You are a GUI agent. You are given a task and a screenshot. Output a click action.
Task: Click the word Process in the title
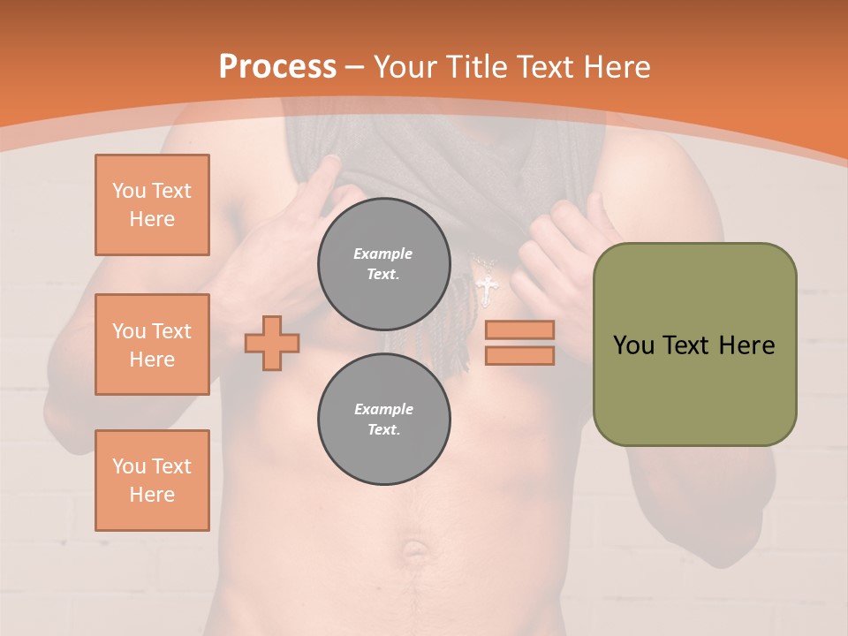(x=277, y=67)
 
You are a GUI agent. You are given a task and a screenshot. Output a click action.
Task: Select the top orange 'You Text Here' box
(x=152, y=205)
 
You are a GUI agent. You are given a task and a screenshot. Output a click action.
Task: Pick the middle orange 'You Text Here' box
(x=152, y=344)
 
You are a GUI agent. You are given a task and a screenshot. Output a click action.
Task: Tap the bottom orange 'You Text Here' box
(x=152, y=480)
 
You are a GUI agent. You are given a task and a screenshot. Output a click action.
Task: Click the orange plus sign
(x=272, y=342)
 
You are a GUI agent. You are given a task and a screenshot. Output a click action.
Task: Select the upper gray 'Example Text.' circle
(x=383, y=263)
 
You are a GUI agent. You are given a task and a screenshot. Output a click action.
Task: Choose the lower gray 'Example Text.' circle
(x=383, y=419)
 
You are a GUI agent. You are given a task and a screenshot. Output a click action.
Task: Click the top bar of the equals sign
(x=519, y=329)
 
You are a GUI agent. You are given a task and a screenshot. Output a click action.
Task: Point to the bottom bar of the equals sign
(x=519, y=355)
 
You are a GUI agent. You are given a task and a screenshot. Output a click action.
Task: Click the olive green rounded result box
(x=694, y=344)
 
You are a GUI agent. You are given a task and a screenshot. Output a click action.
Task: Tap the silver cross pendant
(x=486, y=288)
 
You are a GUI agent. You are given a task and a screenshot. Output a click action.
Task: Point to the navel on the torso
(x=413, y=552)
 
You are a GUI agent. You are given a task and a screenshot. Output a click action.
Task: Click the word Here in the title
(x=615, y=67)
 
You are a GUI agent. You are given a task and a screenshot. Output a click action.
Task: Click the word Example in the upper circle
(x=383, y=254)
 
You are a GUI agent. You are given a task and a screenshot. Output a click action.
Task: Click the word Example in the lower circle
(x=383, y=409)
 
